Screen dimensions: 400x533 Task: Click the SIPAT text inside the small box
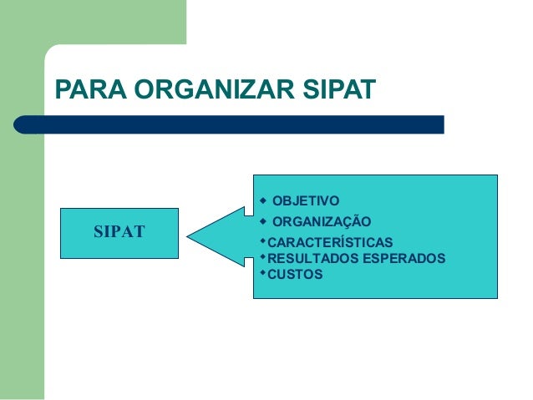(119, 230)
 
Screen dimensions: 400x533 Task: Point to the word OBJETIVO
(306, 201)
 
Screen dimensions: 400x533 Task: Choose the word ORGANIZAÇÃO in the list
(322, 221)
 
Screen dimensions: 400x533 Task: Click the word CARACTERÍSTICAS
(324, 243)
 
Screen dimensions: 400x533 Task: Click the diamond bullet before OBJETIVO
(261, 200)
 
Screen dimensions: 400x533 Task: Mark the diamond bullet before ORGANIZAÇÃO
(261, 220)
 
